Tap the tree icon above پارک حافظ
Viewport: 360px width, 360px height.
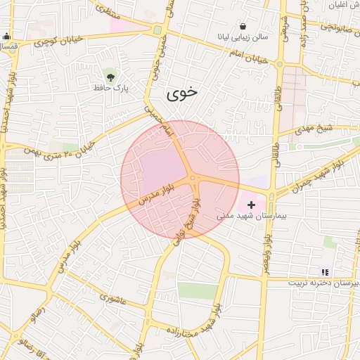[x=109, y=75]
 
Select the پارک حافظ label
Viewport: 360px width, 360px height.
[x=109, y=89]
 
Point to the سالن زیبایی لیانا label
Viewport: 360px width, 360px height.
[x=243, y=39]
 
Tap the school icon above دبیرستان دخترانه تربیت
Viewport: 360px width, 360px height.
[x=324, y=271]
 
